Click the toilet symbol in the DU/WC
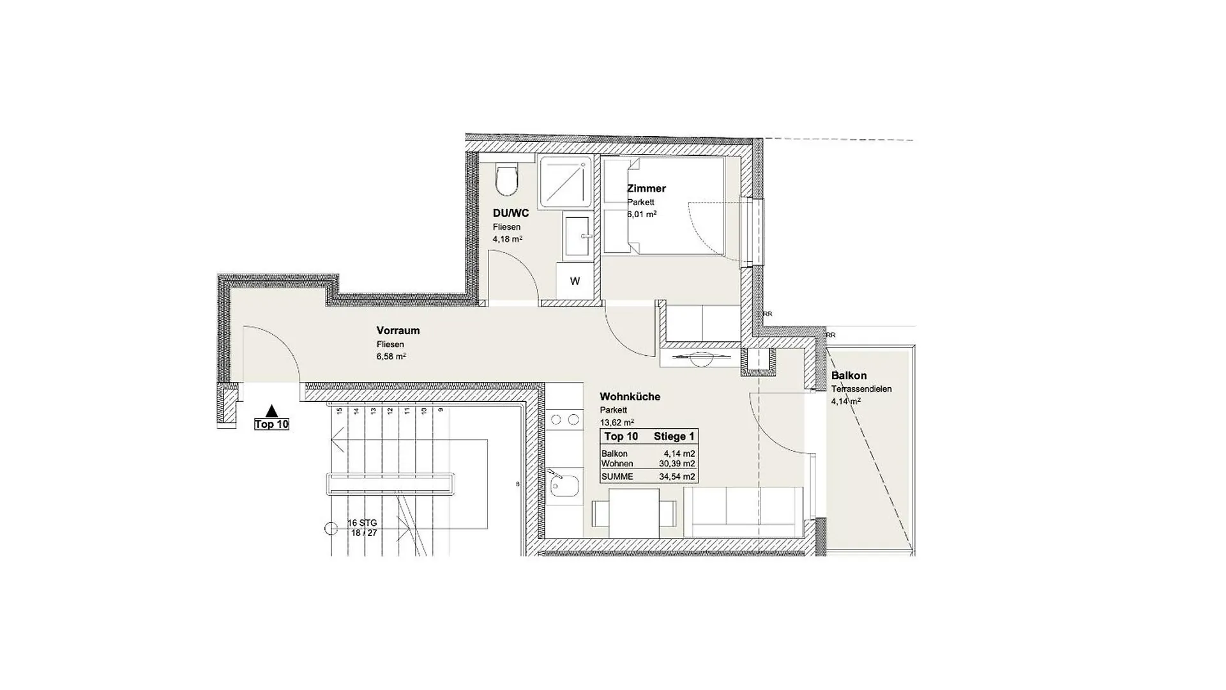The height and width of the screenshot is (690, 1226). (x=508, y=181)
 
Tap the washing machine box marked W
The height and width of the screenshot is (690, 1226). (x=575, y=281)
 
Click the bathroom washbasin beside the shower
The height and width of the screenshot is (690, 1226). (x=579, y=237)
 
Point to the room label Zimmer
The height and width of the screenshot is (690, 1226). (x=646, y=188)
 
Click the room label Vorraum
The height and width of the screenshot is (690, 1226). (x=398, y=330)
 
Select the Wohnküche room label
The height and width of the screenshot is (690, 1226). (x=630, y=397)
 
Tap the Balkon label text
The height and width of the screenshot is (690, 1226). (x=849, y=376)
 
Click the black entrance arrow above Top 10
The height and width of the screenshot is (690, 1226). (x=272, y=411)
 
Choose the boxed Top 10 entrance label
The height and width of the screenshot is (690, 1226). (x=272, y=424)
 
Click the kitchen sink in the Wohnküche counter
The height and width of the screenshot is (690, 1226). (x=564, y=486)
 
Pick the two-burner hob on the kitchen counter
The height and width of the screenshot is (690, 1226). (x=564, y=420)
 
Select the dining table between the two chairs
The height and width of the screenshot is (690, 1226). (x=634, y=512)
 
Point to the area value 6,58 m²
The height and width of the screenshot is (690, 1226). (x=391, y=356)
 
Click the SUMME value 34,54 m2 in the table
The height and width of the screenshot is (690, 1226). (x=677, y=477)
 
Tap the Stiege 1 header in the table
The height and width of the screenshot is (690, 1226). (x=674, y=436)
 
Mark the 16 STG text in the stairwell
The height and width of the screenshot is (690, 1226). (x=362, y=523)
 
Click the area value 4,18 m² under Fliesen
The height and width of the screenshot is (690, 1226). (x=507, y=239)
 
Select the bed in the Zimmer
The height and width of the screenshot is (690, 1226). (x=664, y=206)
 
